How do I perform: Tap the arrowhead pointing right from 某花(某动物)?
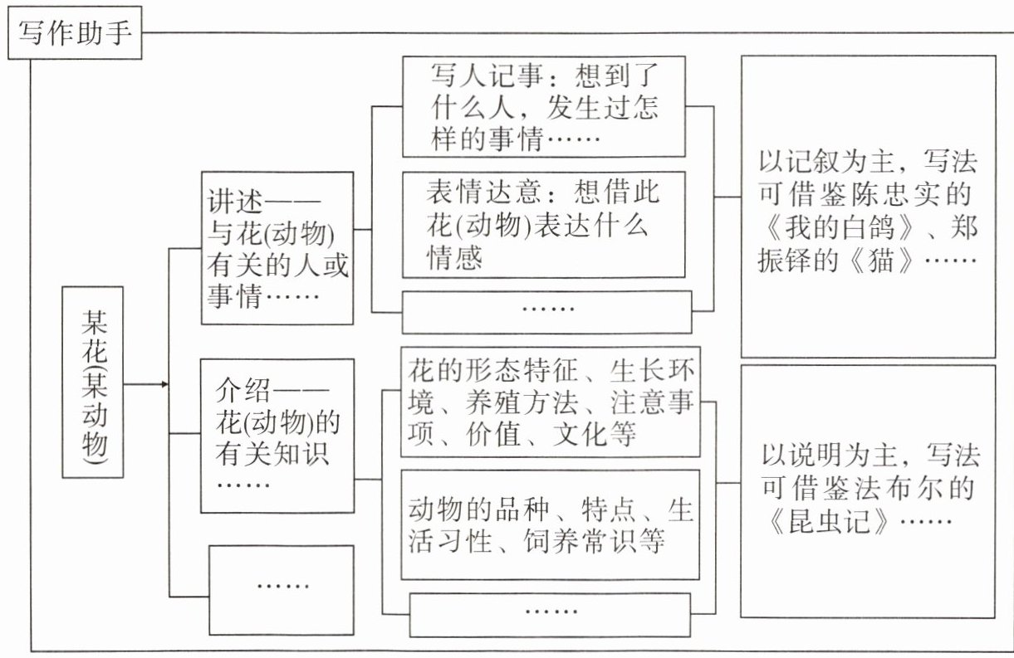164,384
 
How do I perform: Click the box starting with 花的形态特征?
551,402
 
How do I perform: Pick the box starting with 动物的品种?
551,524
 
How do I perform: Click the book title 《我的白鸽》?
830,229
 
